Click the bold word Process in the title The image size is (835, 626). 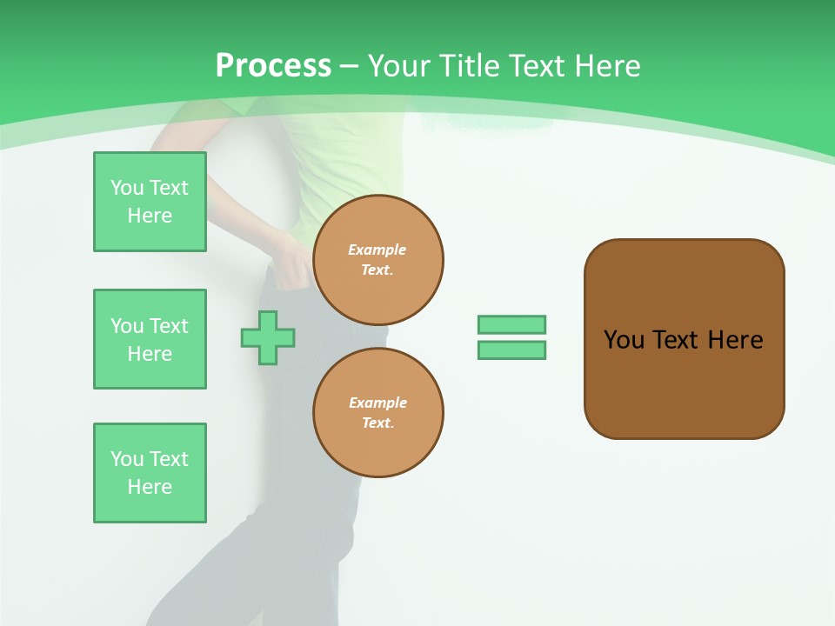click(x=273, y=66)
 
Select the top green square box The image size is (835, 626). click(x=150, y=202)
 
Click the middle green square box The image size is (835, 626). click(x=150, y=339)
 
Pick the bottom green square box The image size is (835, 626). click(x=150, y=473)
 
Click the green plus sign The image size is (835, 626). click(x=268, y=337)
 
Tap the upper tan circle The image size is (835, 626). click(x=378, y=260)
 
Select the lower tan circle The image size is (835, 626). click(x=378, y=413)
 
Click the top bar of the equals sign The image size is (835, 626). click(x=511, y=324)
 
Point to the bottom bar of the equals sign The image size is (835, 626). click(x=511, y=350)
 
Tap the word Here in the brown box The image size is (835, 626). click(x=735, y=340)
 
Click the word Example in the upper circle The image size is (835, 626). click(x=377, y=250)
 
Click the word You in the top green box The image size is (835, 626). click(x=127, y=188)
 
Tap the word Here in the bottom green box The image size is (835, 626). click(x=150, y=487)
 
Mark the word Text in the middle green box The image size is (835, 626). click(x=169, y=326)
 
